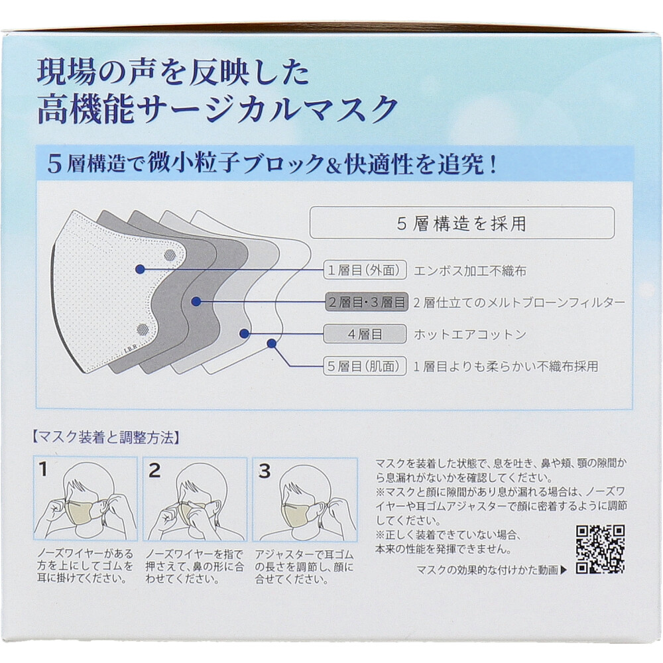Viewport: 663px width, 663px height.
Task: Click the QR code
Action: pos(601,549)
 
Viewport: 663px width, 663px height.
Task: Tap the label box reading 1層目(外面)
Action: pos(365,271)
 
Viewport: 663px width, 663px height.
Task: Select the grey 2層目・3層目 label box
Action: pos(367,302)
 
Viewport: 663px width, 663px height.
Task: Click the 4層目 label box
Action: pos(365,334)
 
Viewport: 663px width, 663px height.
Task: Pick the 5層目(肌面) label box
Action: pos(365,366)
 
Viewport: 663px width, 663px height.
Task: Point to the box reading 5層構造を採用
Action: pos(462,223)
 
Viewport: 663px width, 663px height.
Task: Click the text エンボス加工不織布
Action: pos(470,271)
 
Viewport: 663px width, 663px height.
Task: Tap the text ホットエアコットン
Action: pos(470,334)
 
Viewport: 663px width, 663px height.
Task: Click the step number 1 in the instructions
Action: pos(43,469)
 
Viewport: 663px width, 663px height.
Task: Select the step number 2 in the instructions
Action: pos(154,470)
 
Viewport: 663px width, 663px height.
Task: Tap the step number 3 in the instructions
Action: pos(265,471)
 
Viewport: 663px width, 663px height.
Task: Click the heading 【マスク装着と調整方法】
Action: pos(105,438)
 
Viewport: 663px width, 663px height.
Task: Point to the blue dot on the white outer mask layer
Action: pos(141,269)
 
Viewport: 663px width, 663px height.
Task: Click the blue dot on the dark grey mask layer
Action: pos(196,302)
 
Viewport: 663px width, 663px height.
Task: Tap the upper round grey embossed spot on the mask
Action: pos(170,255)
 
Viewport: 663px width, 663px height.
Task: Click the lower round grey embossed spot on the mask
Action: pos(143,329)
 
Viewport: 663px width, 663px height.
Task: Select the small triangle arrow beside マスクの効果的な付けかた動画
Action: pos(563,570)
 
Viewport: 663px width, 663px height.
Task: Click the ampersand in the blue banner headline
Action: pos(334,165)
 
